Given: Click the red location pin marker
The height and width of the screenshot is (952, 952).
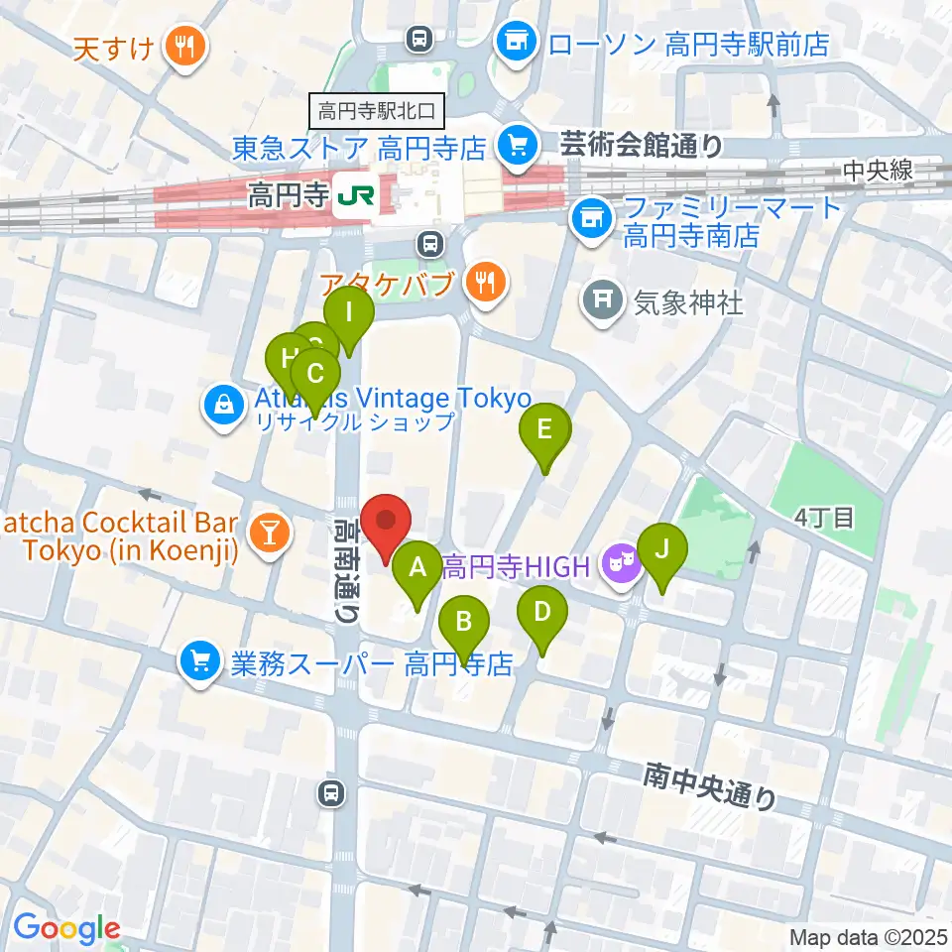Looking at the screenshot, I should pyautogui.click(x=385, y=523).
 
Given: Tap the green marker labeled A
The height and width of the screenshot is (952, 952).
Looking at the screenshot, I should pyautogui.click(x=417, y=569).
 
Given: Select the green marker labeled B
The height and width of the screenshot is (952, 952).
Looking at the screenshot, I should pyautogui.click(x=463, y=623).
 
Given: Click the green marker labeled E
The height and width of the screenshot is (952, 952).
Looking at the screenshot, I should pyautogui.click(x=544, y=430).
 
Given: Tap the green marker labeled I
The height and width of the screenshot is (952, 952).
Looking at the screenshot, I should pyautogui.click(x=348, y=316).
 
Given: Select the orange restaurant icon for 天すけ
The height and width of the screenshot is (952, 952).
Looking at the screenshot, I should pyautogui.click(x=183, y=45).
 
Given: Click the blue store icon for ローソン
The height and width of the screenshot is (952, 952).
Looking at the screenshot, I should pyautogui.click(x=515, y=41).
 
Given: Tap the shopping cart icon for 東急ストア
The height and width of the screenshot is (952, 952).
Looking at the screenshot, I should pyautogui.click(x=515, y=145).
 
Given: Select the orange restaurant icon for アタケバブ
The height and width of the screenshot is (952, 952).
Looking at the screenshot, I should pyautogui.click(x=484, y=282).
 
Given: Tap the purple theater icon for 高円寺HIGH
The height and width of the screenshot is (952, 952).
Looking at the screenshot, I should pyautogui.click(x=621, y=566).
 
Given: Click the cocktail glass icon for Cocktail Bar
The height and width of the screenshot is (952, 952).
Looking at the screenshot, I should pyautogui.click(x=267, y=535).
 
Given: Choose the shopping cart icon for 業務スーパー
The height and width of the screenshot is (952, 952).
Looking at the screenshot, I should pyautogui.click(x=200, y=661).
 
